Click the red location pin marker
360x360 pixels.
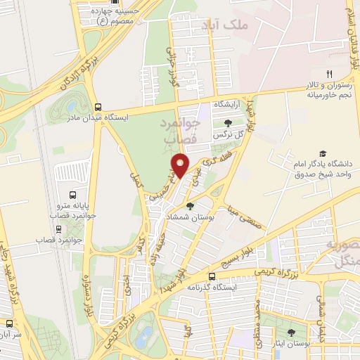tap(180, 165)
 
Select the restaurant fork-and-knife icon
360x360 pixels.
tap(328, 74)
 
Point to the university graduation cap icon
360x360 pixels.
tap(323, 153)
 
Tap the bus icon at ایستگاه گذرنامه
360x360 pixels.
tap(212, 277)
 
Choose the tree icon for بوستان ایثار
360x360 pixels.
tap(291, 333)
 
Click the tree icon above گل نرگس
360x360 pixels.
tap(227, 123)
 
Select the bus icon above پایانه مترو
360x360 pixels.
tap(72, 195)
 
